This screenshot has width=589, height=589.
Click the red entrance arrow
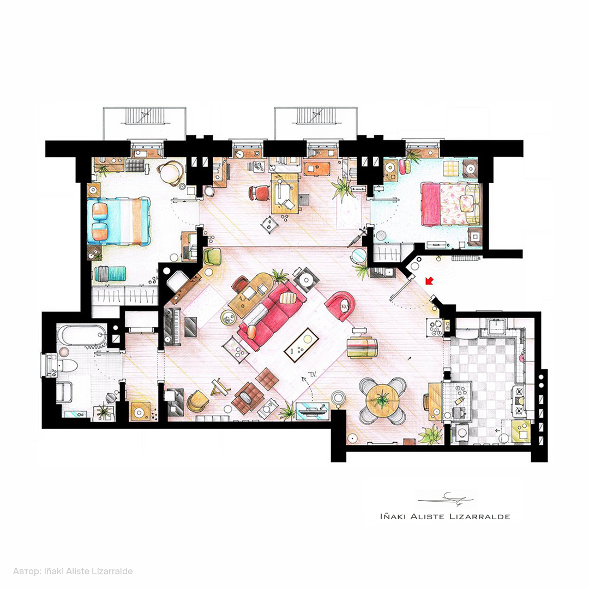(x=429, y=281)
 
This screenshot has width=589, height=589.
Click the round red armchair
(x=340, y=306)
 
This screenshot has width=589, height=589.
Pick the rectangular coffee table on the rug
(x=302, y=345)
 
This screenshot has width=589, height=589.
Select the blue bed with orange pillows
(x=118, y=221)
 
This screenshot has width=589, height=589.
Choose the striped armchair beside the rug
(x=362, y=348)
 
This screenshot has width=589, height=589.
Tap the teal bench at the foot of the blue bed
(x=110, y=273)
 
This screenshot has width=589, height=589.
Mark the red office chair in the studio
(x=260, y=193)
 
